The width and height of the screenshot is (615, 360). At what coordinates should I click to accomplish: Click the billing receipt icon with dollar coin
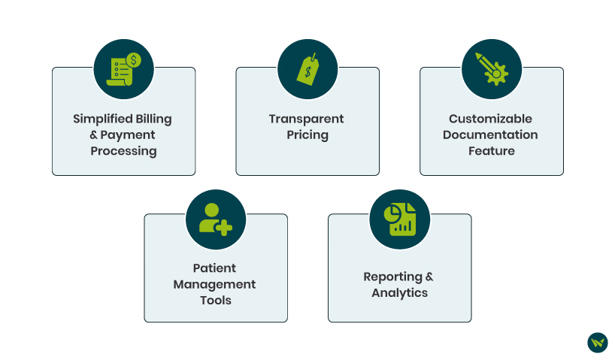(x=123, y=69)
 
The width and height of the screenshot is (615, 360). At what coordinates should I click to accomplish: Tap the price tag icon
(x=307, y=69)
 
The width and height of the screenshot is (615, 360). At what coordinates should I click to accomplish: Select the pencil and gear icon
(x=491, y=69)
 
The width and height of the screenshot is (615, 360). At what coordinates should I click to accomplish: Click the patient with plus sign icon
(x=215, y=219)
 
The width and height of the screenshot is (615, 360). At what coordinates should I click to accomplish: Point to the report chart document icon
(x=399, y=219)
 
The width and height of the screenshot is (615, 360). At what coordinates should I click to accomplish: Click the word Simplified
(x=100, y=119)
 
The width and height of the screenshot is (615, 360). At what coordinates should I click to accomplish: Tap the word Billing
(x=153, y=119)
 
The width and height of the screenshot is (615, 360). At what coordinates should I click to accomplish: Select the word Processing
(x=123, y=151)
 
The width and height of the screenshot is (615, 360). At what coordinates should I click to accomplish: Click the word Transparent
(x=307, y=119)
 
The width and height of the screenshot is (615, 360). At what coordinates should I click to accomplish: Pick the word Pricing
(x=307, y=135)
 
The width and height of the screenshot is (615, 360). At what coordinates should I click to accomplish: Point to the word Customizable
(x=490, y=119)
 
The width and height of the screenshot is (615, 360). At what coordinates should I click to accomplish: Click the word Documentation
(x=490, y=135)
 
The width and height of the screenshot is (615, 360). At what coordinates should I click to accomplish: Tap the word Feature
(x=490, y=151)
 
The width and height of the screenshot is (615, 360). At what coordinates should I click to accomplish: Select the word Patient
(x=214, y=268)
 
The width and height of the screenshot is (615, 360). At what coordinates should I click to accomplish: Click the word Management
(x=214, y=285)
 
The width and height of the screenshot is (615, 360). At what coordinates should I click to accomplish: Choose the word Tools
(x=214, y=301)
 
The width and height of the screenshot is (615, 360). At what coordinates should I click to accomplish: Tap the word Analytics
(x=399, y=293)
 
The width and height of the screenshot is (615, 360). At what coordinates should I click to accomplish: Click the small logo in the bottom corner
(x=597, y=343)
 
